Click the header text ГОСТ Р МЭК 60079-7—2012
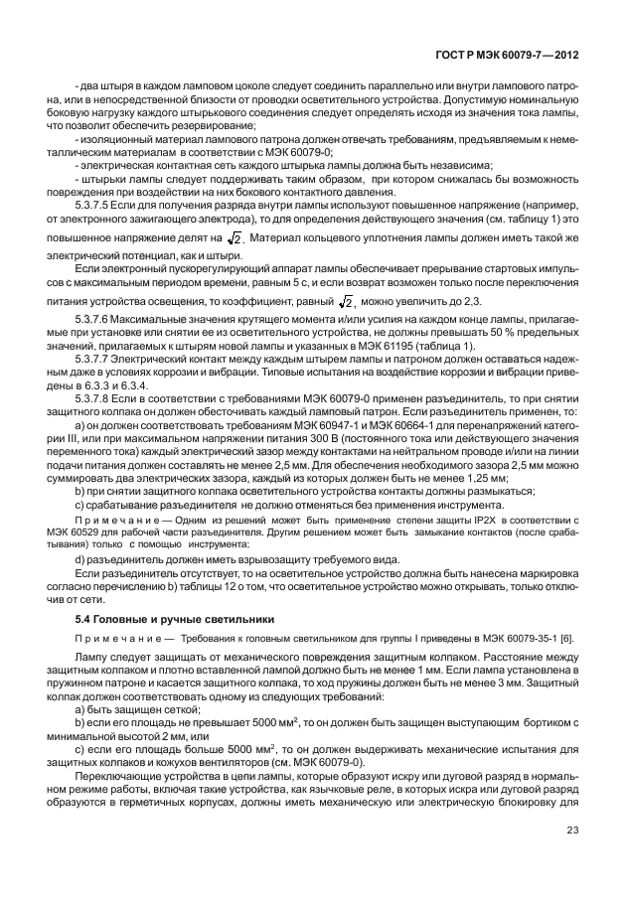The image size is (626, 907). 523,60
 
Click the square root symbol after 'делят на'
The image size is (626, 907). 235,238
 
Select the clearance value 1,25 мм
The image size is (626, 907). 481,477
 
